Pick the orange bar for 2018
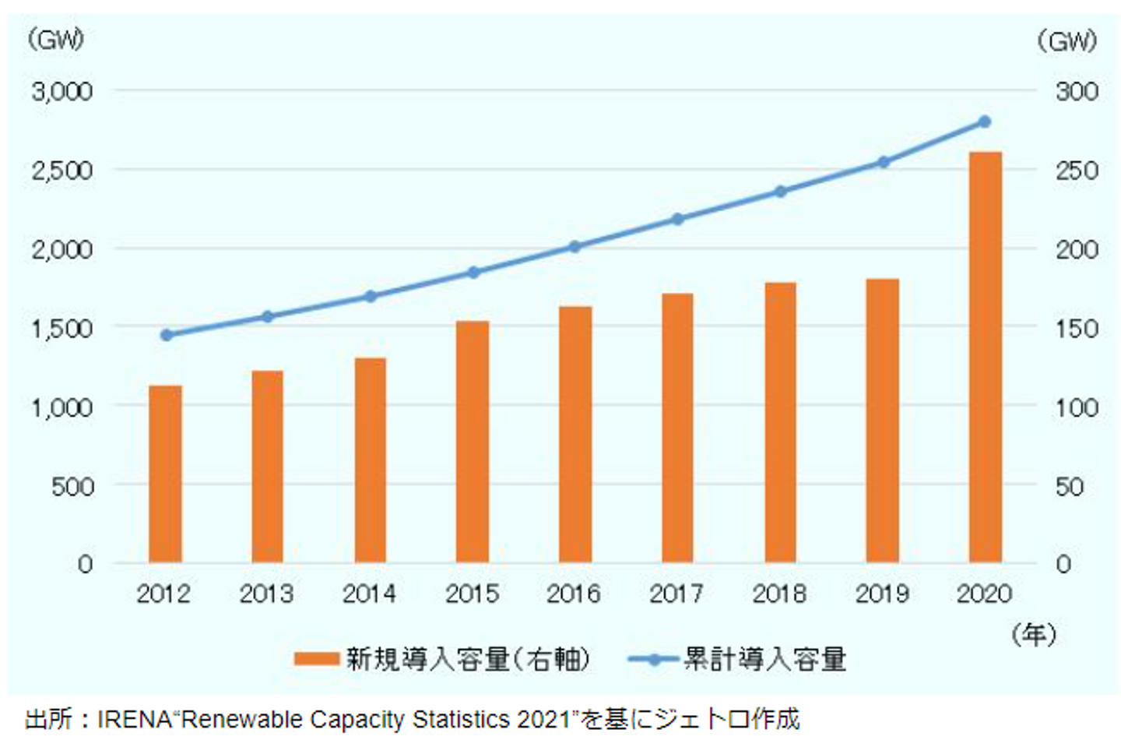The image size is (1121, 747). pos(780,422)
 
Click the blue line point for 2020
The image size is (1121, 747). pos(985,122)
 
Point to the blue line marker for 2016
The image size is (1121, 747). pos(575,247)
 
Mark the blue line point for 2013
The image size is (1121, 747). pos(267,316)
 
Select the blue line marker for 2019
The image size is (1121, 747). pos(883,162)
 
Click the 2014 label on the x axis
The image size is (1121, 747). pos(369,594)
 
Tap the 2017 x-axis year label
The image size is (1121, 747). pos(676,594)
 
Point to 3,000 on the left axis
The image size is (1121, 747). pos(62,92)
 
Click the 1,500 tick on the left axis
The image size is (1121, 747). pos(62,329)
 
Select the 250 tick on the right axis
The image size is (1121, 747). pos(1077,171)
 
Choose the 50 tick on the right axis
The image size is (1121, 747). pos(1070,487)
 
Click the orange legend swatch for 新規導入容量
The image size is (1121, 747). pos(317,660)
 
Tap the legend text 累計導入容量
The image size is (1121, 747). pos(764,660)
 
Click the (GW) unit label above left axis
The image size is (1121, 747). pos(55,40)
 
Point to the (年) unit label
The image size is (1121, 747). pos(1034,635)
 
